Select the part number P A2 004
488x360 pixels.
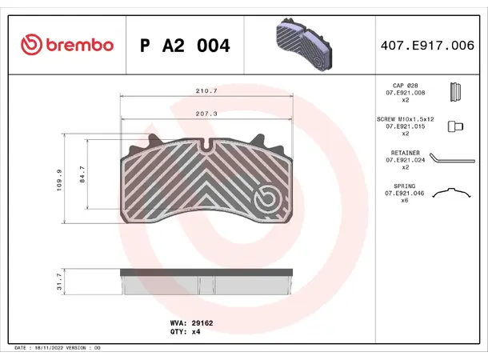[x=185, y=46]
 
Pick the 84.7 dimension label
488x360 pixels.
[x=82, y=174]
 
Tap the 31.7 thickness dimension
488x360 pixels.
[x=59, y=281]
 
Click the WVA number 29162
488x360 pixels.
[x=202, y=322]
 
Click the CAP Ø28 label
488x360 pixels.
[x=406, y=84]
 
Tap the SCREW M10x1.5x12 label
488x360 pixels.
[x=405, y=118]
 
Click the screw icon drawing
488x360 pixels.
[x=455, y=126]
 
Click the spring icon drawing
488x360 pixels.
[x=454, y=193]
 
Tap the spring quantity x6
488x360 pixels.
[x=406, y=200]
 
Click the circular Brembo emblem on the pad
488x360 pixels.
[x=264, y=198]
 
